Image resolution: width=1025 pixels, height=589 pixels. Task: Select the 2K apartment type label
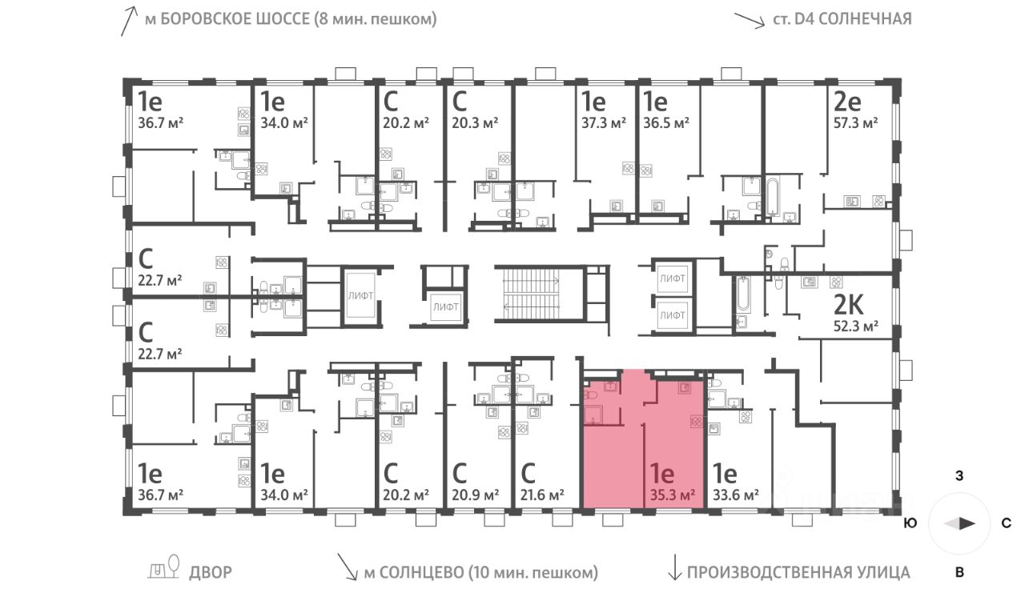pyautogui.click(x=849, y=305)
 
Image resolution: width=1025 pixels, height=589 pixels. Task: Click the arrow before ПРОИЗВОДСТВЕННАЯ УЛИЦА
pyautogui.click(x=673, y=569)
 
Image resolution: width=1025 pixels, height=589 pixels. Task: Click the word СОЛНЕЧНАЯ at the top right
pyautogui.click(x=868, y=19)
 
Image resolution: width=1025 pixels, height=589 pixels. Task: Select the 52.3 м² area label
pyautogui.click(x=856, y=326)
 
